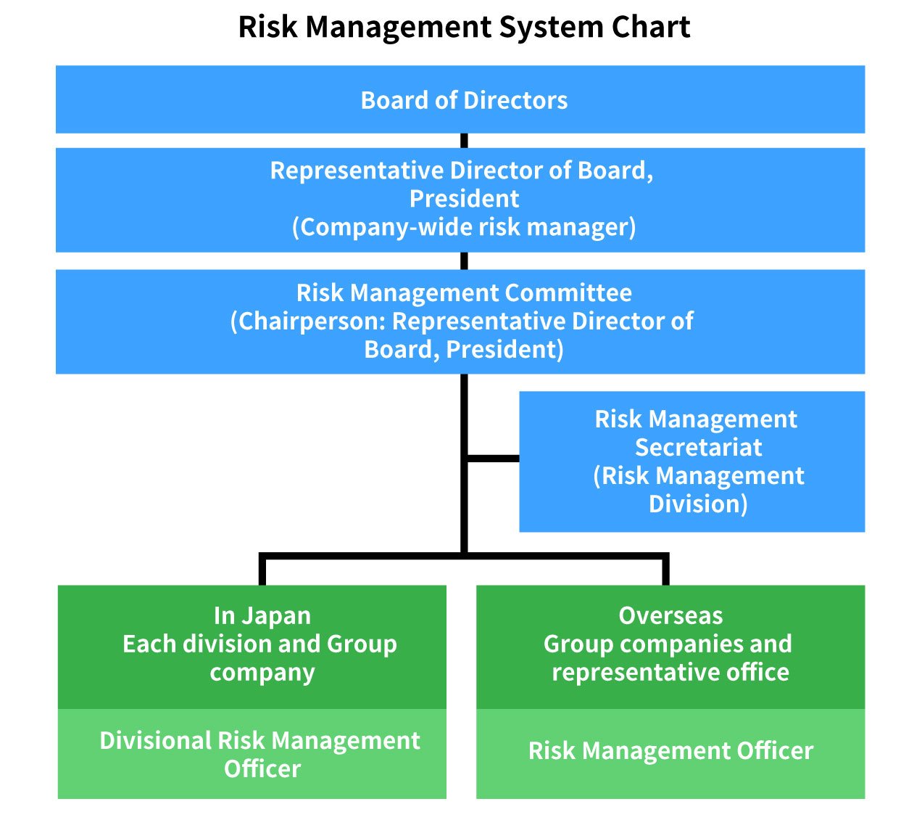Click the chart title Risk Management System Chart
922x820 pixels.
point(464,28)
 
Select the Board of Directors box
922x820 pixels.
point(464,100)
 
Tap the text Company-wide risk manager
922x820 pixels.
point(464,227)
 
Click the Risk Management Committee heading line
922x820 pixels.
point(464,293)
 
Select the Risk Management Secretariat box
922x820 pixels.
point(691,462)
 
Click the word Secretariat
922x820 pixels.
point(698,448)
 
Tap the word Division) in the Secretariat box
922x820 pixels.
point(698,504)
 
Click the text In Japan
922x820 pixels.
point(262,616)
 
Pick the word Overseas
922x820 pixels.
point(670,616)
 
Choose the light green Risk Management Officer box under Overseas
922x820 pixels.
point(670,754)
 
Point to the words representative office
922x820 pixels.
point(670,673)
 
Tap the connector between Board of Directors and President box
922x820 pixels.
point(464,141)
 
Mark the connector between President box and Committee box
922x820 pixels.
point(464,261)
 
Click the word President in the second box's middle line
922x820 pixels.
point(464,199)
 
